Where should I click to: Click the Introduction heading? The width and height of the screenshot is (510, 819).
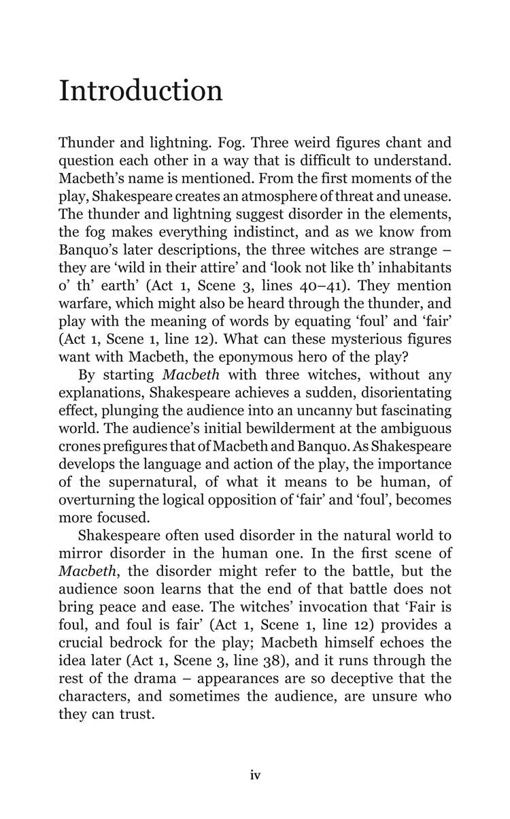[x=141, y=91]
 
